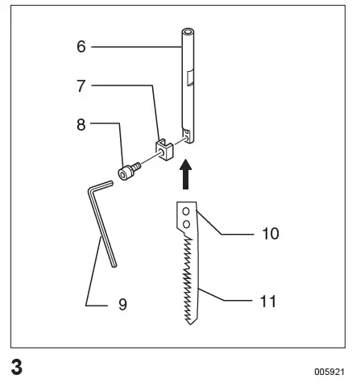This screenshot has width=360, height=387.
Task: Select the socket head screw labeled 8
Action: pyautogui.click(x=129, y=173)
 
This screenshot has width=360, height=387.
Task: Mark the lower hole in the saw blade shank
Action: pyautogui.click(x=185, y=223)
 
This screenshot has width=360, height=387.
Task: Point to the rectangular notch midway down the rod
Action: pyautogui.click(x=191, y=79)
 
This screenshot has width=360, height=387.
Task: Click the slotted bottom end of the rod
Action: pyautogui.click(x=188, y=138)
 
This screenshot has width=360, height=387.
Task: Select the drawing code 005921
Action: pyautogui.click(x=330, y=373)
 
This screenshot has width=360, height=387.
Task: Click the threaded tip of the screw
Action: pyautogui.click(x=139, y=166)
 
